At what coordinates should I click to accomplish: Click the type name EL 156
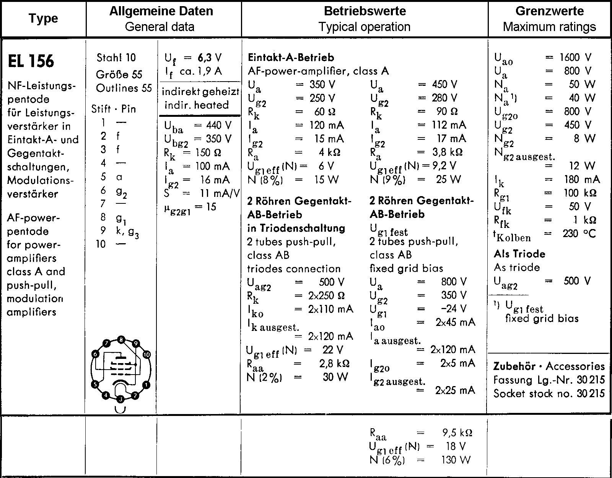click(x=31, y=61)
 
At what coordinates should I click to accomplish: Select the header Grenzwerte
click(x=549, y=11)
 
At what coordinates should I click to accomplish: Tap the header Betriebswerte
click(x=365, y=11)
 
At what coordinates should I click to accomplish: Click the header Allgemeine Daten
click(x=161, y=11)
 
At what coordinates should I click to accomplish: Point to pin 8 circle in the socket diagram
click(x=121, y=339)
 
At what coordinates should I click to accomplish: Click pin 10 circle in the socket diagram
click(x=146, y=355)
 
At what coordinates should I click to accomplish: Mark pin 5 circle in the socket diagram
click(x=95, y=385)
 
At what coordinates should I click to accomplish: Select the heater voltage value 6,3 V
click(x=210, y=57)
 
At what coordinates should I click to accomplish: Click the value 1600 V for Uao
click(x=575, y=57)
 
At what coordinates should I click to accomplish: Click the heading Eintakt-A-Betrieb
click(x=291, y=57)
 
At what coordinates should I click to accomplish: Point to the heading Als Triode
click(x=519, y=254)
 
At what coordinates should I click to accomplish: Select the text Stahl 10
click(x=116, y=58)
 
